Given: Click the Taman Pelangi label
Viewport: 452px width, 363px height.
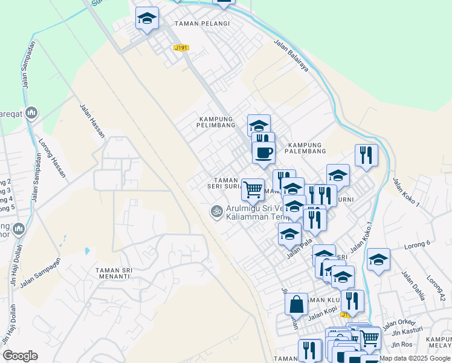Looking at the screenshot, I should click(202, 24).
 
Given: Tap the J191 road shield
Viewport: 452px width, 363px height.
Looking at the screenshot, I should click(181, 48).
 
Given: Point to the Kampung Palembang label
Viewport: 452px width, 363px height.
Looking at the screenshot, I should click(306, 148).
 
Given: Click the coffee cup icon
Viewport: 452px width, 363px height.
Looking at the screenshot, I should click(263, 152).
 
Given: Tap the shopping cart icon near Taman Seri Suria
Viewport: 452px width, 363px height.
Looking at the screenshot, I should click(253, 189).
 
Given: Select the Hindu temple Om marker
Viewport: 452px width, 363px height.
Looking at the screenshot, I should click(215, 211).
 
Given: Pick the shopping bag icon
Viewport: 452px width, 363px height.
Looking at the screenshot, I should click(296, 304).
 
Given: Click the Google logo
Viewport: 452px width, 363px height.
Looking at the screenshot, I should click(20, 356).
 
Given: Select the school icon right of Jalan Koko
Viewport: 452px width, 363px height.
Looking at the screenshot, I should click(378, 259).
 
